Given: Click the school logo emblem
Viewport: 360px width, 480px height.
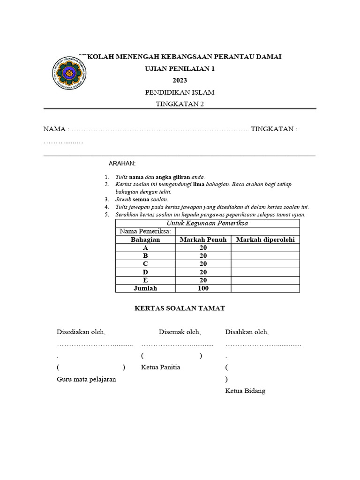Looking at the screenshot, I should [69, 73].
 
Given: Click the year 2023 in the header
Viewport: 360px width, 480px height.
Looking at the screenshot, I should [180, 81].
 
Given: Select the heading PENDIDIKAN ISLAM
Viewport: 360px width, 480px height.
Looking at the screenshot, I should [180, 92].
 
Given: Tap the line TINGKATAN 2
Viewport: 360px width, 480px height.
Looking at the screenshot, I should [180, 105].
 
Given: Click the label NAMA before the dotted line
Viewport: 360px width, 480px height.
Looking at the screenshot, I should [54, 129].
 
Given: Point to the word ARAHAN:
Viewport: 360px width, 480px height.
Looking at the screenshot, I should [122, 163].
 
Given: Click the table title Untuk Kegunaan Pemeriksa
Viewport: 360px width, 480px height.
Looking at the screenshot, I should [207, 223].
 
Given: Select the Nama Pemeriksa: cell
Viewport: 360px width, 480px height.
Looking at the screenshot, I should [145, 231].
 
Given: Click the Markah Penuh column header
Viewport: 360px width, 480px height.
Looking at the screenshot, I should [203, 240].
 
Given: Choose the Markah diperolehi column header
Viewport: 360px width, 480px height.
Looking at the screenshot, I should [265, 240].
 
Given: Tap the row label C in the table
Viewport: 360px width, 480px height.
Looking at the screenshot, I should [145, 264].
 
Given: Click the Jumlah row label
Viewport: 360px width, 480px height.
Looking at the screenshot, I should [145, 288].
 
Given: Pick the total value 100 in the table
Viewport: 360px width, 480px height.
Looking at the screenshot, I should [203, 288].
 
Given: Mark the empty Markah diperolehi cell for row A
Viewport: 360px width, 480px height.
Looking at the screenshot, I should [265, 247].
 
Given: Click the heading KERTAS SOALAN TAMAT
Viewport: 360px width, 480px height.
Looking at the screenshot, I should [180, 308].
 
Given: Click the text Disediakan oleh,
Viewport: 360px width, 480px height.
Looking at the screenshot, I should [81, 332].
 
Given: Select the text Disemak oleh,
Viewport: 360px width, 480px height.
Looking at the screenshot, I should [180, 332].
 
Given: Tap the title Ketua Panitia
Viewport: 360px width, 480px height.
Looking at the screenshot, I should [160, 367].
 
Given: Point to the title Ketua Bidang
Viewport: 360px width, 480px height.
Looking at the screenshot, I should [245, 390].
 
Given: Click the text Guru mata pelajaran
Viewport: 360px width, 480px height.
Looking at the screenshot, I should [86, 379].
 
